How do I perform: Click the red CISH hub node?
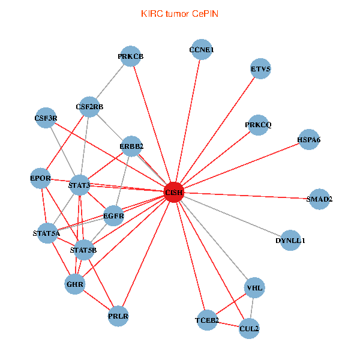pos(173,192)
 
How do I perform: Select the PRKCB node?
pos(130,56)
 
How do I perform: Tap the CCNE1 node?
pos(201,50)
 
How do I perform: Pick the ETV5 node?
pos(260,69)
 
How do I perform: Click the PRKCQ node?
pos(258,125)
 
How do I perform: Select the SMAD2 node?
pos(319,199)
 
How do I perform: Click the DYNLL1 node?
pos(290,241)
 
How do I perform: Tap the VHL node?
pos(254,288)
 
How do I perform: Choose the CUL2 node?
pos(249,328)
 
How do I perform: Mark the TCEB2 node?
pos(207,321)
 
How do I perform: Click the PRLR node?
pos(119,316)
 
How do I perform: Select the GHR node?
pos(75,283)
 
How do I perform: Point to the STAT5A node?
pos(46,233)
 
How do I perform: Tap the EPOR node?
pos(40,178)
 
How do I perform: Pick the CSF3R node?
pos(46,118)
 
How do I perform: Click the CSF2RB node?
pos(89,107)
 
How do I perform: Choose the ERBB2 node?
pos(131,145)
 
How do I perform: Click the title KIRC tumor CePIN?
pos(179,13)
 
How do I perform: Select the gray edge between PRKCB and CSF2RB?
pos(110,82)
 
